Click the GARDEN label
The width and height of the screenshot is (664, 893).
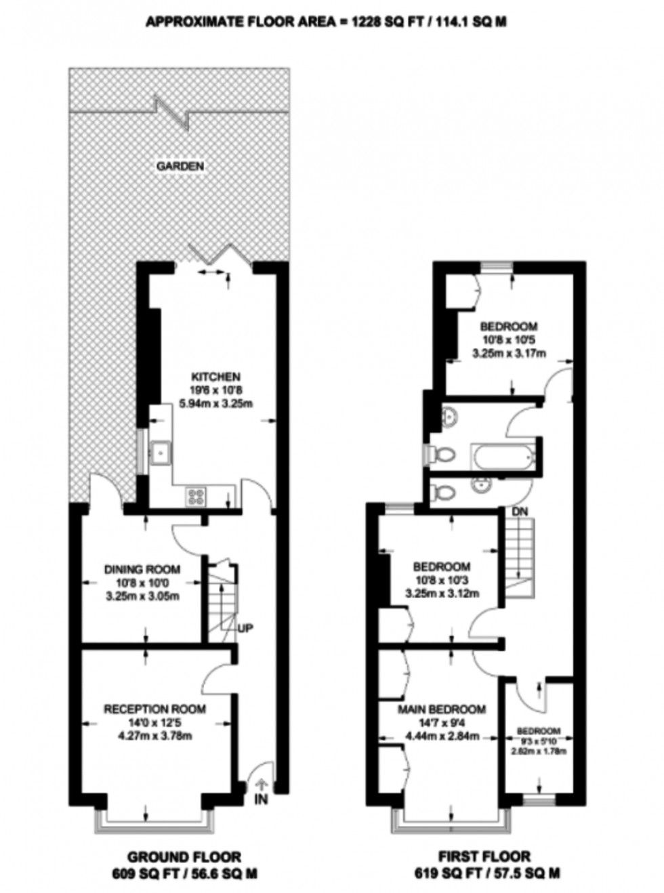point(180,165)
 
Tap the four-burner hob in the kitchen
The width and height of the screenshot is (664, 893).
point(196,497)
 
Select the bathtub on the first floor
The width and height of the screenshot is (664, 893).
point(503,455)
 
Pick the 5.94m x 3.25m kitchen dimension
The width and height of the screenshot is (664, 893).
point(216,403)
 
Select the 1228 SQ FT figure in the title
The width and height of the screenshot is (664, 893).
point(388,22)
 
